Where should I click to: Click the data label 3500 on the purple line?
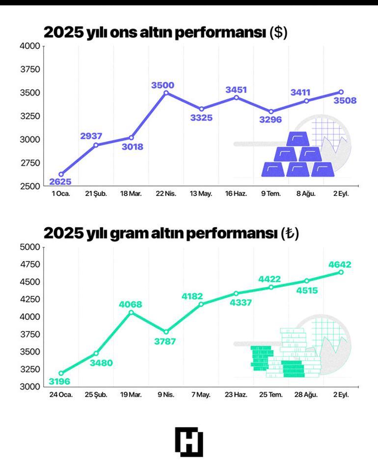click(x=162, y=85)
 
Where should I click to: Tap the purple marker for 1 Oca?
click(x=61, y=174)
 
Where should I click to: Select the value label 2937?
click(x=91, y=136)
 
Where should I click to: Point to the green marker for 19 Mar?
click(x=131, y=313)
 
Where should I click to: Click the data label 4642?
click(x=340, y=265)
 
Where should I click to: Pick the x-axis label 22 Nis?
click(x=166, y=194)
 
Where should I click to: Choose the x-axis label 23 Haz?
click(x=236, y=394)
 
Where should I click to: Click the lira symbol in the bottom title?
click(x=290, y=234)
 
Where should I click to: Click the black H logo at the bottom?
click(x=189, y=442)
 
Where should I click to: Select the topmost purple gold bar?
click(x=297, y=139)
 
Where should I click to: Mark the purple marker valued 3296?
click(x=271, y=112)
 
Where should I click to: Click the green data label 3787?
click(x=165, y=341)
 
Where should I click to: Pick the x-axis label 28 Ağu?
click(x=306, y=394)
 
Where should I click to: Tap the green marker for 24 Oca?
click(x=61, y=373)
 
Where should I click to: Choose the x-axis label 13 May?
click(x=201, y=194)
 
